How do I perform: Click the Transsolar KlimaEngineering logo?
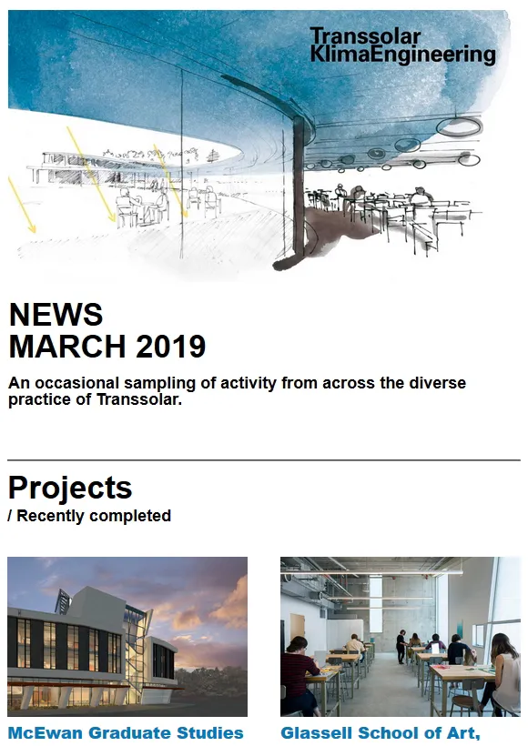(402, 45)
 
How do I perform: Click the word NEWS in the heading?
(56, 315)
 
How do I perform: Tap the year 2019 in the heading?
(170, 346)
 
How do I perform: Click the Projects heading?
(70, 489)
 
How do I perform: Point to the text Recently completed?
(94, 516)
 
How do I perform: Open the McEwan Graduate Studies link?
(126, 732)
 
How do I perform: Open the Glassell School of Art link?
(380, 733)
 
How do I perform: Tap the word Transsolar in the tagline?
(139, 399)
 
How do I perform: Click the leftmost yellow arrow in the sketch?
(22, 205)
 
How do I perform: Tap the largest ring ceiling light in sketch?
(460, 126)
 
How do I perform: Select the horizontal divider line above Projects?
(264, 460)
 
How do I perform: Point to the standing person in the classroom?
(401, 647)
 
